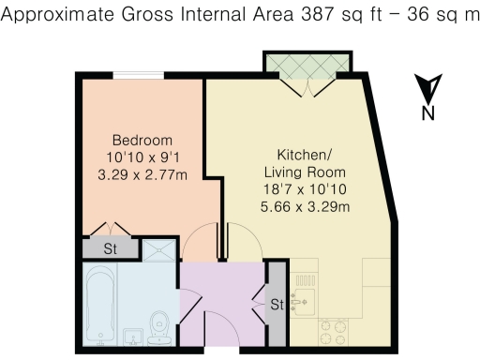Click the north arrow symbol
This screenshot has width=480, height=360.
[427, 90]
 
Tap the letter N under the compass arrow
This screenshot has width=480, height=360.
[427, 113]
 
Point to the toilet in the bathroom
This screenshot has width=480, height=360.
[159, 322]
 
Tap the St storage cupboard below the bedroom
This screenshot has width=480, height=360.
[110, 248]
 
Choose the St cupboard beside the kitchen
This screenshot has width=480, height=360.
[277, 306]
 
